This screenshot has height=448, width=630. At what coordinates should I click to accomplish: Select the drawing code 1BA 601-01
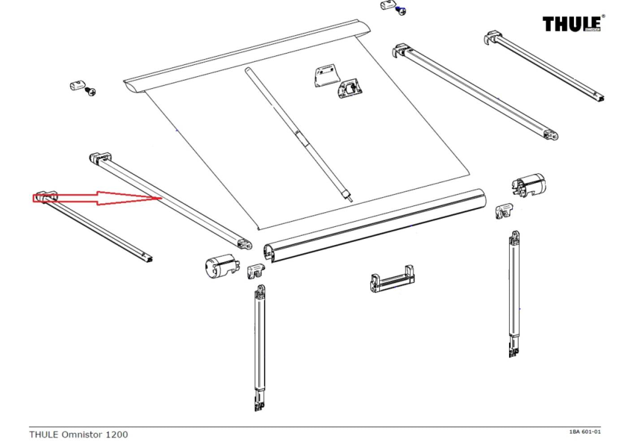pyautogui.click(x=584, y=431)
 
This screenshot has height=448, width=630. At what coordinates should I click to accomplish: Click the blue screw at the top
pyautogui.click(x=402, y=11)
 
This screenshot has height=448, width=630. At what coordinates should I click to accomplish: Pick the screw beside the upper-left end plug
pyautogui.click(x=91, y=92)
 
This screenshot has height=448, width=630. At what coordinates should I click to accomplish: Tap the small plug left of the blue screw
pyautogui.click(x=387, y=6)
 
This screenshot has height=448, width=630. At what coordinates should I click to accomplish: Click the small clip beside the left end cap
pyautogui.click(x=256, y=270)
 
